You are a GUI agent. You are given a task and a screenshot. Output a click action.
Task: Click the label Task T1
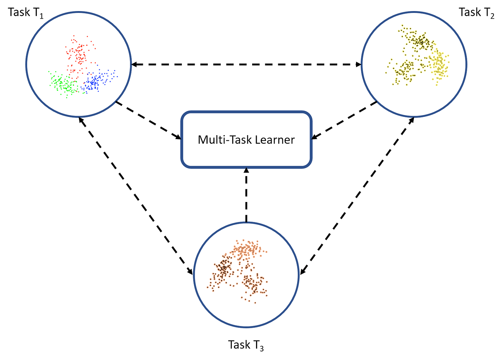pyautogui.click(x=25, y=13)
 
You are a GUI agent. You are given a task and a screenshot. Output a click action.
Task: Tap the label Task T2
pyautogui.click(x=476, y=13)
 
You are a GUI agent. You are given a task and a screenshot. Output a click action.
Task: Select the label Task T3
pyautogui.click(x=246, y=345)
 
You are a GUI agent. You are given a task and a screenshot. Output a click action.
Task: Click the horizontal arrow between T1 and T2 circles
pyautogui.click(x=246, y=65)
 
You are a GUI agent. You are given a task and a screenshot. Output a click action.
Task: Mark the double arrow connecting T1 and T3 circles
pyautogui.click(x=136, y=197)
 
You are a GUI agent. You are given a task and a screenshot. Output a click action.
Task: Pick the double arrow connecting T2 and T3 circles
pyautogui.click(x=357, y=197)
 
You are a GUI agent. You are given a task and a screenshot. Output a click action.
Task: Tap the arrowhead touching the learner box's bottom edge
pyautogui.click(x=246, y=171)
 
